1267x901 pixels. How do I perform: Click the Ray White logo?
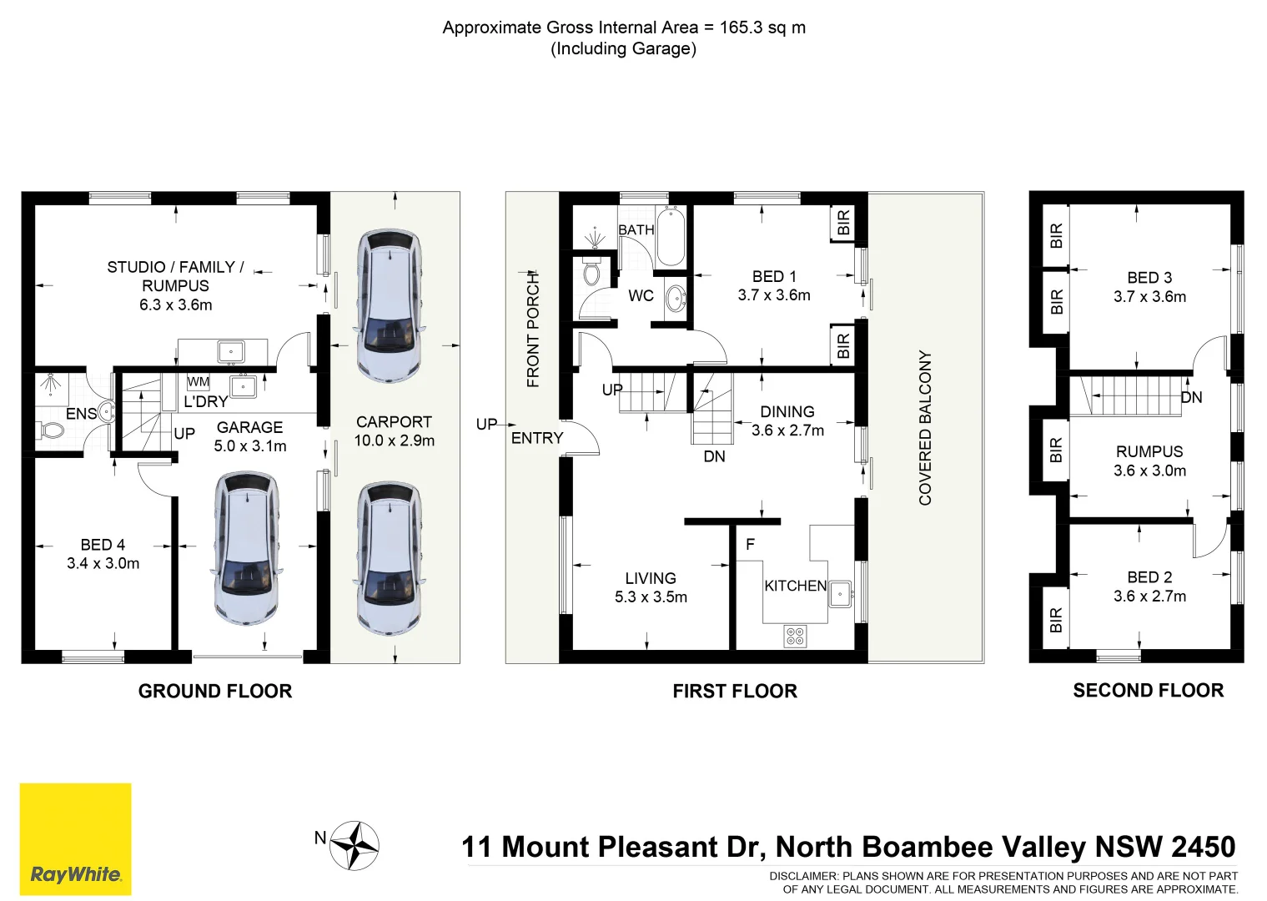[x=75, y=838]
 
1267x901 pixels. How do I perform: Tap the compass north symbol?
[x=354, y=846]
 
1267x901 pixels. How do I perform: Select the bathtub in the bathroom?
[x=671, y=237]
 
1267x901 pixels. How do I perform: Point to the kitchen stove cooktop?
[x=795, y=637]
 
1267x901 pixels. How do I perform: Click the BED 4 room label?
[x=103, y=545]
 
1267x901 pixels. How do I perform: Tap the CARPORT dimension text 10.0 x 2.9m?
[x=394, y=440]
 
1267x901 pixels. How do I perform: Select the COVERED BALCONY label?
[x=925, y=427]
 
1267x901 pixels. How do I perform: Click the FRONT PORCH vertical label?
[x=534, y=330]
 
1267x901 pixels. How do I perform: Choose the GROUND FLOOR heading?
[x=215, y=691]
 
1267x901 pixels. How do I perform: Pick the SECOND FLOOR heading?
[x=1148, y=690]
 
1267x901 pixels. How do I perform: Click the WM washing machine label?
[x=199, y=382]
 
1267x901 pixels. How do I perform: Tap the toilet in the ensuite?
[x=52, y=430]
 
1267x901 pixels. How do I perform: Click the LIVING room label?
[x=651, y=578]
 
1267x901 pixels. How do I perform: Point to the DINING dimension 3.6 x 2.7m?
[x=787, y=430]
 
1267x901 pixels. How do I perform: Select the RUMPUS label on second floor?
[x=1149, y=451]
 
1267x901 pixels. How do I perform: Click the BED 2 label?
[x=1149, y=577]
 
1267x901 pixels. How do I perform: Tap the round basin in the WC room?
[x=676, y=297]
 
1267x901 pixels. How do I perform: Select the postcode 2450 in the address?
[x=1203, y=847]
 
